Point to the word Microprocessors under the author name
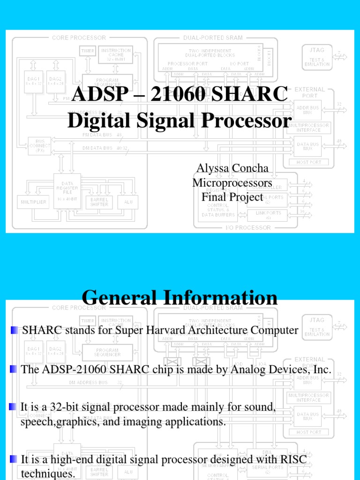point(232,183)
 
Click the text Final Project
point(232,197)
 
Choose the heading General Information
point(180,298)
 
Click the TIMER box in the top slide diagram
point(87,51)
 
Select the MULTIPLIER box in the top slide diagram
point(33,202)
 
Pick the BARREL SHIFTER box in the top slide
point(99,202)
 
